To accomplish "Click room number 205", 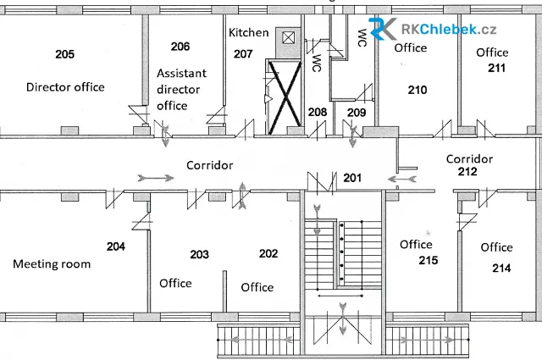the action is (65, 54).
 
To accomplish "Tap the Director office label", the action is (65, 86).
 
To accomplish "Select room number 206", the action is (180, 47).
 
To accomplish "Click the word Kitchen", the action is (248, 32).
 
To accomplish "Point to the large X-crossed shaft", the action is (285, 97).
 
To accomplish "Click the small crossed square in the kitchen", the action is (288, 37).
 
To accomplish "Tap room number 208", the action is (318, 112).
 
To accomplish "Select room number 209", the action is (357, 113).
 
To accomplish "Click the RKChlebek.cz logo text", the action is (449, 30).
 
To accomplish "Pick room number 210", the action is (418, 91).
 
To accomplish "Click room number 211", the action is (496, 68).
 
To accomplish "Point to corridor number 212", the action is (467, 171).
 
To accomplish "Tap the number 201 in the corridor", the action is (352, 178).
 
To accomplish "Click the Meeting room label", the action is (52, 264).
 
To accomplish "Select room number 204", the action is (116, 246).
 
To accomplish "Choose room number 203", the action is (200, 254).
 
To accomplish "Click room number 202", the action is (268, 253).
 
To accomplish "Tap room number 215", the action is (429, 260).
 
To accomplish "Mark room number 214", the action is (501, 268).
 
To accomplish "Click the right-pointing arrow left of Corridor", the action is (156, 178).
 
